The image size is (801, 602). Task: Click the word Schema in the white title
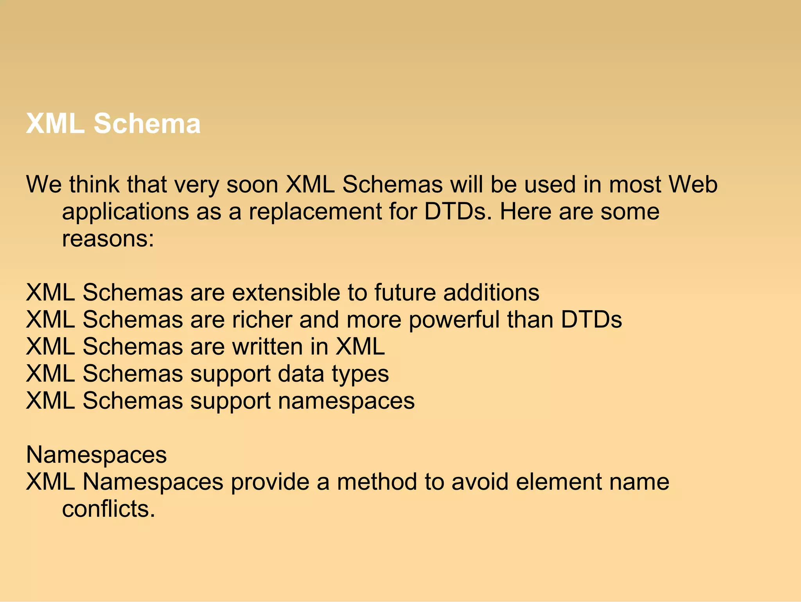(147, 124)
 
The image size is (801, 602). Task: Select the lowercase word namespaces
(346, 401)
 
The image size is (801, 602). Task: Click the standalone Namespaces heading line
(97, 455)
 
